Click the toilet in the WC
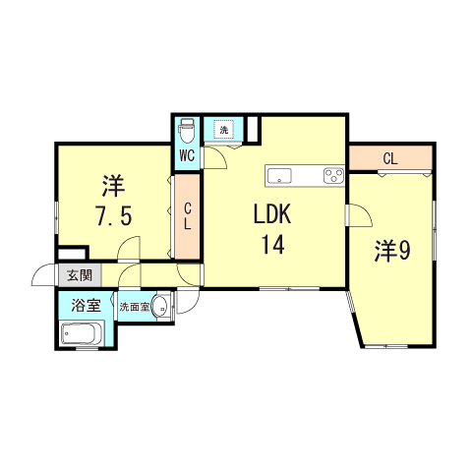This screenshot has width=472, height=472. pos(187,131)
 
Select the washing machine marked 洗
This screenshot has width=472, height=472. pos(223,130)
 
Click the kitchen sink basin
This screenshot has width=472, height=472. pos(280,177)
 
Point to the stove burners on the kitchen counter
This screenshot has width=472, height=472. pos(332,177)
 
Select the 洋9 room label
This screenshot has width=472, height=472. pos(390,251)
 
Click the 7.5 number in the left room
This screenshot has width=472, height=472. pos(113,215)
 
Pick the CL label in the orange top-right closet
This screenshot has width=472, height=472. pos(389,158)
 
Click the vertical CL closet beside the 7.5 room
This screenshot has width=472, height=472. pos(187,217)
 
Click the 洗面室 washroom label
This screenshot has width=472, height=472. pos(135,307)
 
